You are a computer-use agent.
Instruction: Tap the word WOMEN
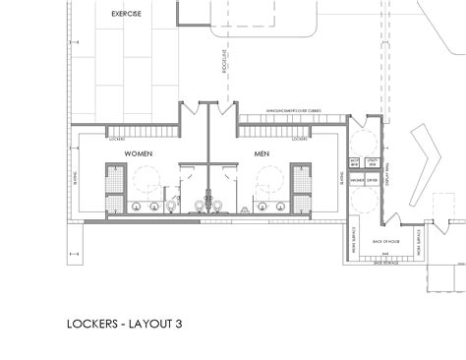(139, 154)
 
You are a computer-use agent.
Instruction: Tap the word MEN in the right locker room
(262, 154)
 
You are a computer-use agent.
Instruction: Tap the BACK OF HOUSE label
(384, 241)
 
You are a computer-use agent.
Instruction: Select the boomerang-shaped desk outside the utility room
(427, 166)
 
